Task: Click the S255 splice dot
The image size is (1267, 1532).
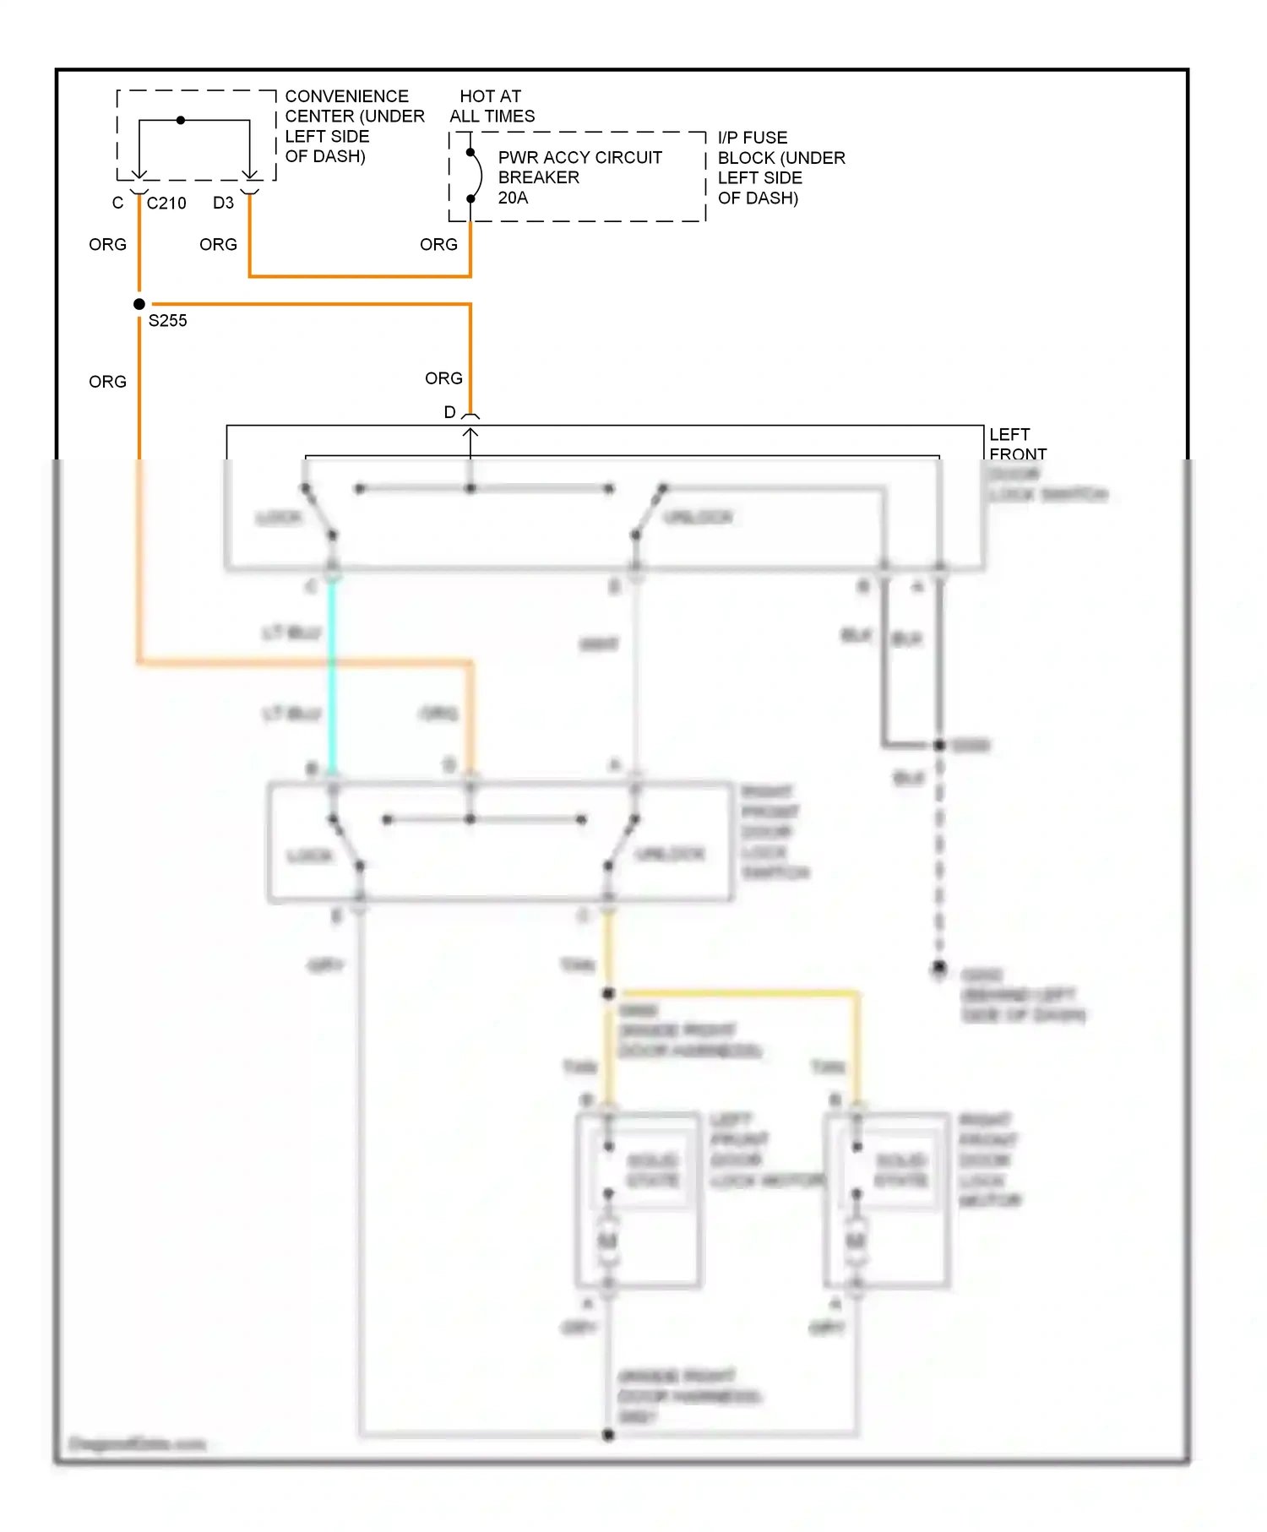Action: pos(139,304)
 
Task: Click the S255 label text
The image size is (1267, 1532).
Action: pos(167,321)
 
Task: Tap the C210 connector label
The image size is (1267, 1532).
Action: pos(166,204)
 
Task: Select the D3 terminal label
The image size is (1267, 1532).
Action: pos(223,204)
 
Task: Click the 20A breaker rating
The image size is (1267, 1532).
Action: pos(513,198)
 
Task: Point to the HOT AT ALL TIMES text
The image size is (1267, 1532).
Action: pos(492,106)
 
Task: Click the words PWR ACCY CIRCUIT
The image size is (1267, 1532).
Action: pos(579,158)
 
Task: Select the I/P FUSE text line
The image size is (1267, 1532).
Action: pos(752,138)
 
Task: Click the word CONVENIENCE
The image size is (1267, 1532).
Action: pos(346,96)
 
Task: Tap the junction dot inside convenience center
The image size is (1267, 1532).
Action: pos(181,120)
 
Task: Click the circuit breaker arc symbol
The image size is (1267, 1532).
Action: pos(478,176)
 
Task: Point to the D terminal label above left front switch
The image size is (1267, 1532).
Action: pos(449,412)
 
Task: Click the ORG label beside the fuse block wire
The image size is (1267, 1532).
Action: pos(438,245)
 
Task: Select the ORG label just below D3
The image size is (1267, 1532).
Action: pos(218,245)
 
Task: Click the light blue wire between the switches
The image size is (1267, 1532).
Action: pos(332,676)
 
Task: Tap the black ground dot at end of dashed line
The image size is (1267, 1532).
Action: pos(938,967)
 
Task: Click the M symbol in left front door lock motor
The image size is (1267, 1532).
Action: pos(607,1241)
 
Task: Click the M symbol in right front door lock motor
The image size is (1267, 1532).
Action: pos(856,1241)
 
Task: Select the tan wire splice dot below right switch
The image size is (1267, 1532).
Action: pos(608,994)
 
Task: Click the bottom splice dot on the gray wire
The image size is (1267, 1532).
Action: pos(608,1434)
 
